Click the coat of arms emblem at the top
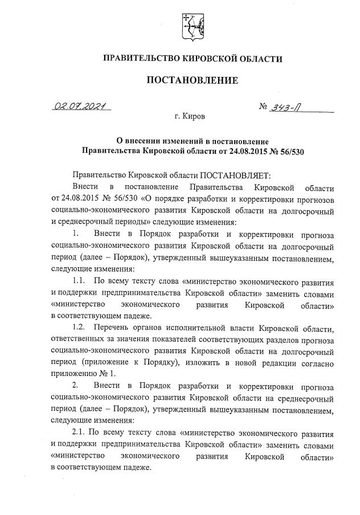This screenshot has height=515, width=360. (191, 26)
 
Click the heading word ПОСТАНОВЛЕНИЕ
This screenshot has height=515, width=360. (192, 80)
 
